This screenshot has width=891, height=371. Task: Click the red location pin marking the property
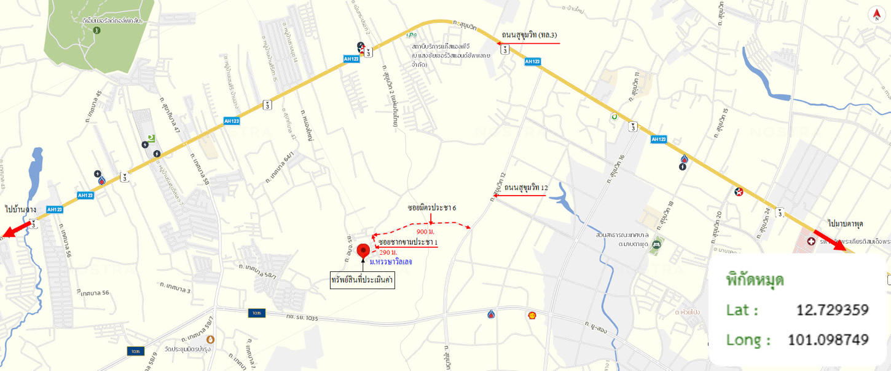coord(363,250)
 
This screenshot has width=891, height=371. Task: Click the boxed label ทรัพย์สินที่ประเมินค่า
coord(362,281)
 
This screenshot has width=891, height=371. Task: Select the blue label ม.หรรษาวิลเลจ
coord(391,261)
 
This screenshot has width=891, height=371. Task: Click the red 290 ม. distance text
coord(388,252)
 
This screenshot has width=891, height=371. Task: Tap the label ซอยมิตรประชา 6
coord(432,207)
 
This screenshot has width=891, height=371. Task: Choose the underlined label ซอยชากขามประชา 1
coord(408,242)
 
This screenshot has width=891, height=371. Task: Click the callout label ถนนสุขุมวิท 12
coord(526,187)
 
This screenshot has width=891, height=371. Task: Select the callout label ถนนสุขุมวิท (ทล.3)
coord(530,35)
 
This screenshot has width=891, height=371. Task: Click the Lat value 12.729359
coord(832,309)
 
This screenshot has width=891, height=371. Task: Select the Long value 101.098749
coord(828,340)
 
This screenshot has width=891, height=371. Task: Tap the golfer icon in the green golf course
coord(97,29)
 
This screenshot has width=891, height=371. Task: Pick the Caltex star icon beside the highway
coord(739,191)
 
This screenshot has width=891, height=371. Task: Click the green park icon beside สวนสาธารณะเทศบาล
coord(657,244)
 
